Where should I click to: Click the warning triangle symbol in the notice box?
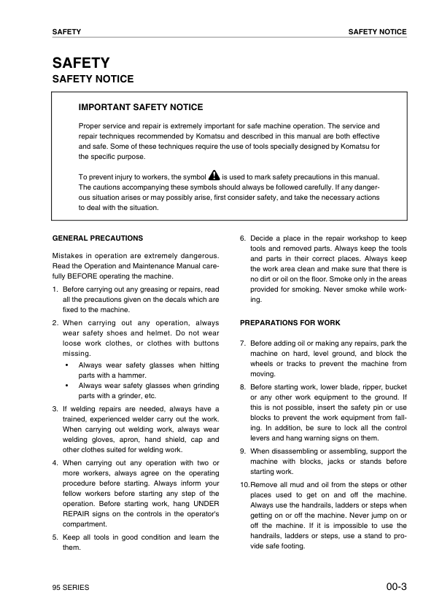point(214,176)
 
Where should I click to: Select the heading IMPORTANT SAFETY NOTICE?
point(141,107)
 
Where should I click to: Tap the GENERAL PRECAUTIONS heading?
point(98,238)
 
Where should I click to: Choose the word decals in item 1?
point(160,299)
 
